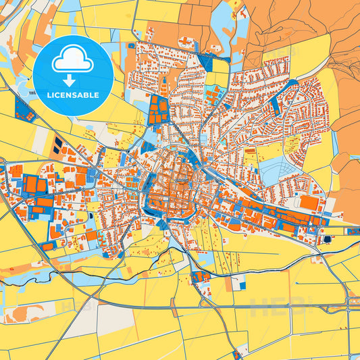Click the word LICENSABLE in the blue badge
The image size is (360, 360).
click(73, 95)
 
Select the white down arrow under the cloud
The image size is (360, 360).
click(73, 80)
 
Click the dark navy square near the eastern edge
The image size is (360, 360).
click(328, 238)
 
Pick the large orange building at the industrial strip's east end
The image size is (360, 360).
click(309, 203)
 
